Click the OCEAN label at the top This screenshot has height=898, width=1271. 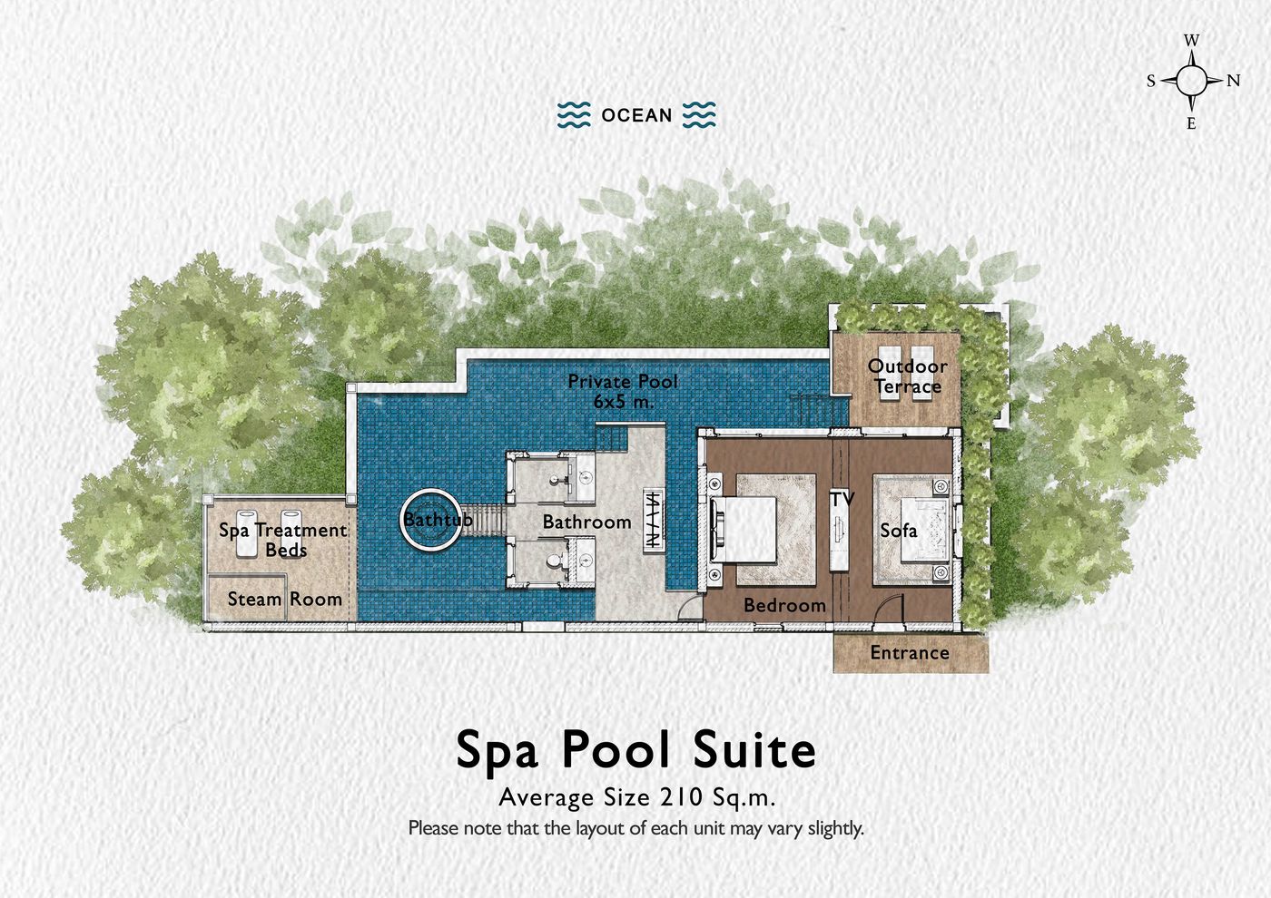pos(636,116)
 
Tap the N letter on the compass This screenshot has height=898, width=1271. pos(1233,81)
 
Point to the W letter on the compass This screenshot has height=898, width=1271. pos(1192,41)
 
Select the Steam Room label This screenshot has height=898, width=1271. pos(284,600)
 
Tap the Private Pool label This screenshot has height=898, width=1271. pos(622,382)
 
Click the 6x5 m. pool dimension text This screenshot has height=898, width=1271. pos(623,401)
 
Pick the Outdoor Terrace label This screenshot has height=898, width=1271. pos(907,376)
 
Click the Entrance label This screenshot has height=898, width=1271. pos(909,653)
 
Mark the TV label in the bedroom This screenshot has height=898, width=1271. pos(842,500)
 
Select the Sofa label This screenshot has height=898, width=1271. pos(898,531)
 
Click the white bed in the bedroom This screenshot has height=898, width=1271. pos(744,530)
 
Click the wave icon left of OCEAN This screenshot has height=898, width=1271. pos(573,115)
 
